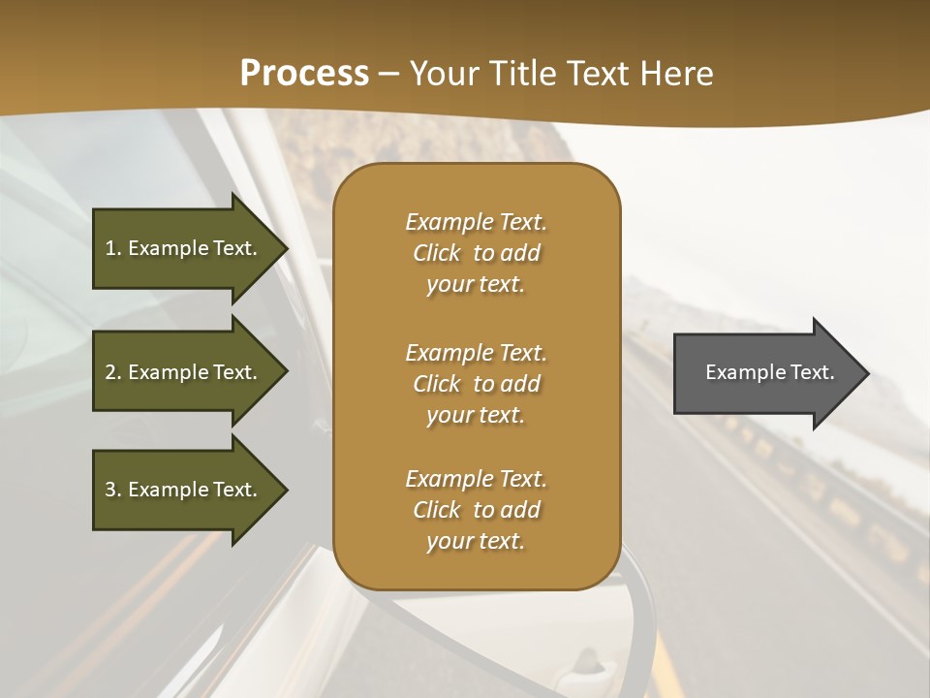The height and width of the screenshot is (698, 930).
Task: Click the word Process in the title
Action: [304, 74]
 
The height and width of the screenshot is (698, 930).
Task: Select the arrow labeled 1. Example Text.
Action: [184, 248]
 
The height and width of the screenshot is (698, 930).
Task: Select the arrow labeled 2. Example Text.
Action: [184, 372]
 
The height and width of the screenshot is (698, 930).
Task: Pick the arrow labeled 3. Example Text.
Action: [184, 490]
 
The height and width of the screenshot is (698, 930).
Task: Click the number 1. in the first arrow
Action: [113, 248]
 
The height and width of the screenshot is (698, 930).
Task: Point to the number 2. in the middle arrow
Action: [113, 372]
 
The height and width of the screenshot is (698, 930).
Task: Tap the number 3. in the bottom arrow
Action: [113, 490]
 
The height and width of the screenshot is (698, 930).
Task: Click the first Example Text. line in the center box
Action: [476, 222]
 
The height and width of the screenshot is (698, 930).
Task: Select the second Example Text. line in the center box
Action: [476, 353]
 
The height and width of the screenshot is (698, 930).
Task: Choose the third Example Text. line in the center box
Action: [476, 479]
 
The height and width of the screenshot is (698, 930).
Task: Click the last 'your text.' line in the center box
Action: [476, 541]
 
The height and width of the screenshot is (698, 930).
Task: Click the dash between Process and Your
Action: [388, 75]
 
